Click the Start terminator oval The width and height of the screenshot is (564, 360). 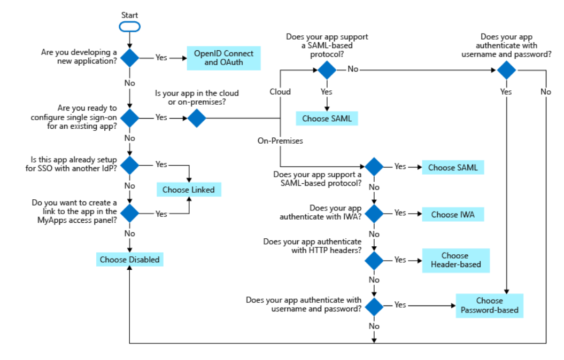(129, 26)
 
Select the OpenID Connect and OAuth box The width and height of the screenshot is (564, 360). (223, 58)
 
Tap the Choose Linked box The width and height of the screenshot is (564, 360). (189, 190)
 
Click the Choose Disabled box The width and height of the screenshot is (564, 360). (129, 260)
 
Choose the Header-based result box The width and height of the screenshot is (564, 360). (454, 260)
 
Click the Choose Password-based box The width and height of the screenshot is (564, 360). (489, 305)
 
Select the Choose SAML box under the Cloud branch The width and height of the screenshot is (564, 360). (327, 118)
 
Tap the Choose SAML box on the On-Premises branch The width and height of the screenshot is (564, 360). (453, 167)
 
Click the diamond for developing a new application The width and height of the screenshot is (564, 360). (129, 57)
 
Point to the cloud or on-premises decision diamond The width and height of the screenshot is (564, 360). (197, 118)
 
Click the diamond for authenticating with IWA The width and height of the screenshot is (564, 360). (374, 214)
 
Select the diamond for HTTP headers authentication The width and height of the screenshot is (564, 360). (374, 260)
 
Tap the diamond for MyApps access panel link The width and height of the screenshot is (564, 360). (129, 213)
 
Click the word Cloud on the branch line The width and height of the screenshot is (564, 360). (280, 91)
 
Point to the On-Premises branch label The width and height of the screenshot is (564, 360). (280, 140)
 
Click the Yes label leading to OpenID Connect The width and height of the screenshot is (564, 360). (161, 57)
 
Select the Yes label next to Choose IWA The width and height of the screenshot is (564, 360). (400, 213)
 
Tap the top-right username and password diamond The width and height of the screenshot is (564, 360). (506, 69)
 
